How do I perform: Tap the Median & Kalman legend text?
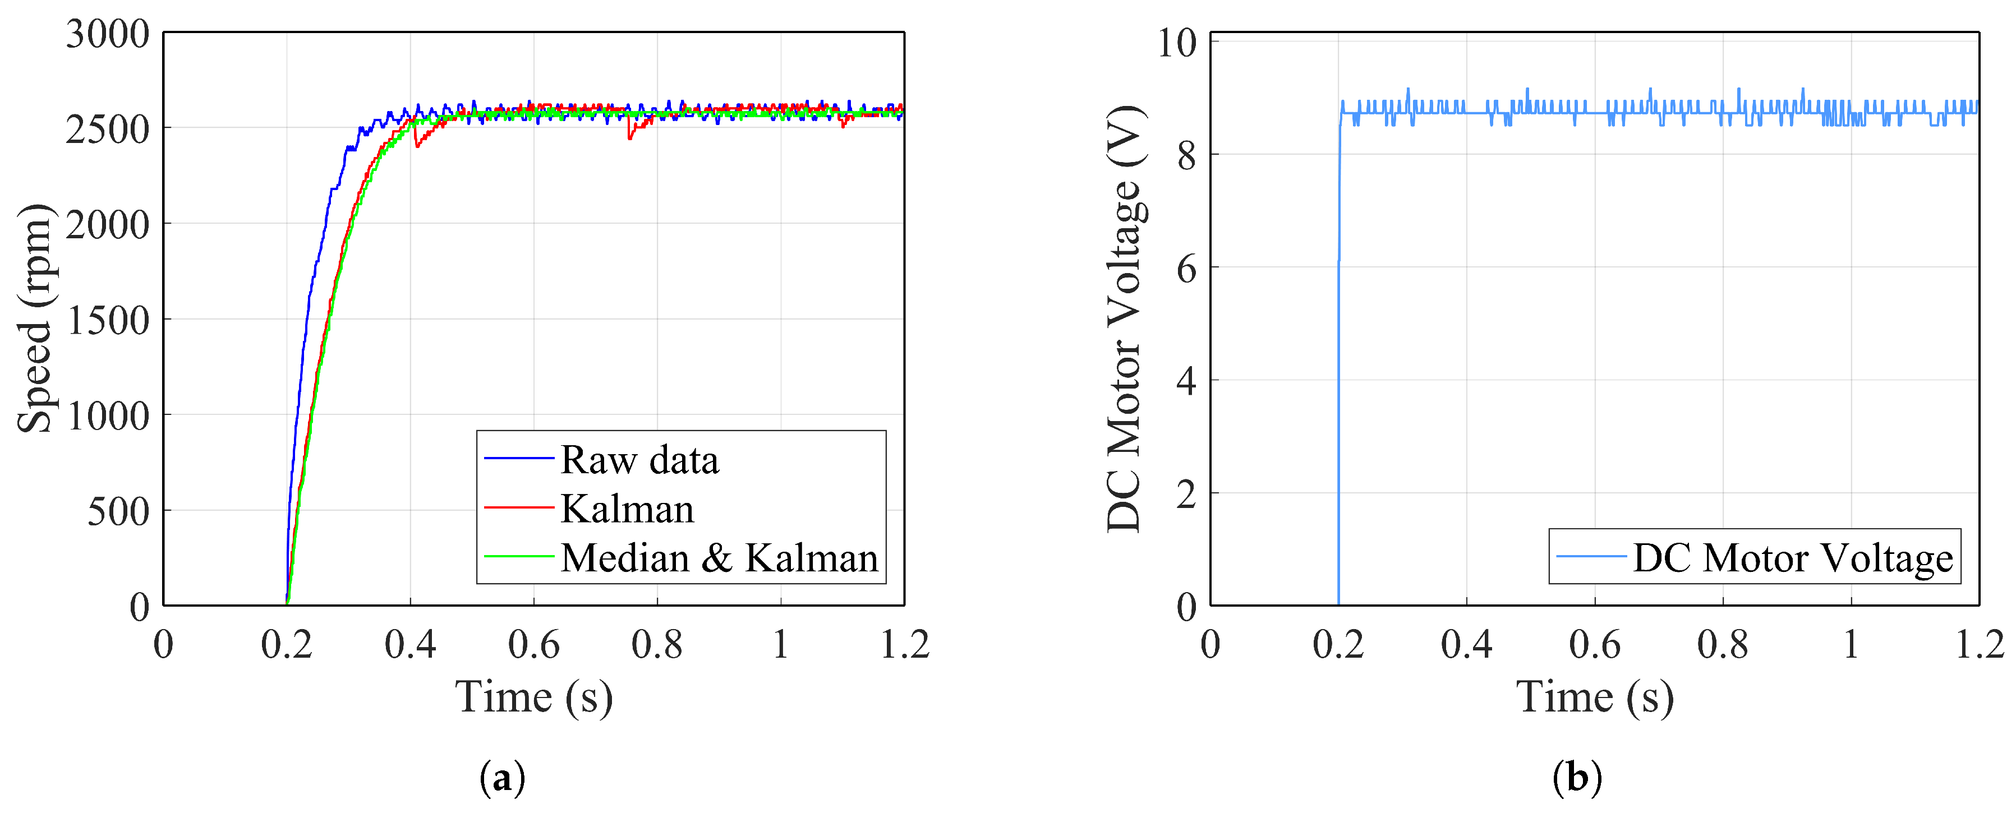(719, 558)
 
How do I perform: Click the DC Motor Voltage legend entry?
(1792, 558)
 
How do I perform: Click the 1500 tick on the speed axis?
(107, 320)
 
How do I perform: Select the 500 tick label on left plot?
(117, 512)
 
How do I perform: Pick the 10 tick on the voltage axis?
(1176, 43)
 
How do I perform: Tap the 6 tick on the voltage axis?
(1186, 269)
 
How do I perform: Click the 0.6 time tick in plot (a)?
(534, 645)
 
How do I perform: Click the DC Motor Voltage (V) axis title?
(1125, 318)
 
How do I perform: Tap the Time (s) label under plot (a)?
(534, 696)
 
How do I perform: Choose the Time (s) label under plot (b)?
(1594, 696)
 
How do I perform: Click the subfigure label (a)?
(501, 778)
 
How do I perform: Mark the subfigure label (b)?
(1577, 778)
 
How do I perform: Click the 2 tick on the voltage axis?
(1186, 495)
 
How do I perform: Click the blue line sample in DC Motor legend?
(1591, 556)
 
